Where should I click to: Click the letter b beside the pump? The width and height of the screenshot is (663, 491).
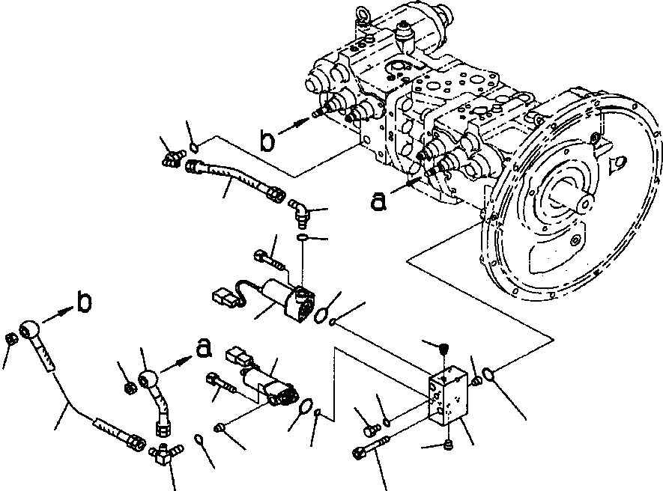pyautogui.click(x=267, y=141)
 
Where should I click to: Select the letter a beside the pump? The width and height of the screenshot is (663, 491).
pyautogui.click(x=378, y=201)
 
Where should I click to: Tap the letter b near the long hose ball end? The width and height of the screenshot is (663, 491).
pyautogui.click(x=85, y=302)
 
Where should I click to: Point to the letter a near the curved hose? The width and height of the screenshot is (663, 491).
pyautogui.click(x=204, y=347)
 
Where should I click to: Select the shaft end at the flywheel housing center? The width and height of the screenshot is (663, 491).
pyautogui.click(x=585, y=204)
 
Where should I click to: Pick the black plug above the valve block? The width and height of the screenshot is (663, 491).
pyautogui.click(x=443, y=350)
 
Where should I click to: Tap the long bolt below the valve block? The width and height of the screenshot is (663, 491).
pyautogui.click(x=371, y=448)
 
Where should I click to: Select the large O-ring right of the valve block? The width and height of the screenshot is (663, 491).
pyautogui.click(x=487, y=373)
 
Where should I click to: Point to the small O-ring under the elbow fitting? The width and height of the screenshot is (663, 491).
pyautogui.click(x=302, y=237)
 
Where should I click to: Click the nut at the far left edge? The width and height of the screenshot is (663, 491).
pyautogui.click(x=10, y=340)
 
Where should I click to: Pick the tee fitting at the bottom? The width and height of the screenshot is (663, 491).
pyautogui.click(x=166, y=453)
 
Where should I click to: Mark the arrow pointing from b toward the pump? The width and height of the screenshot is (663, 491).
pyautogui.click(x=294, y=126)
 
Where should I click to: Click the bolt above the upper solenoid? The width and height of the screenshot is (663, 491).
pyautogui.click(x=270, y=260)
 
